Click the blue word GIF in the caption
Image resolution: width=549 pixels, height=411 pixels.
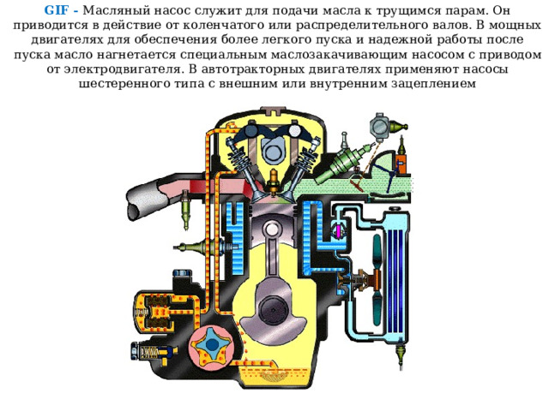coord(56,10)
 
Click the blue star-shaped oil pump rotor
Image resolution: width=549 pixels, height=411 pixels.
coord(212,346)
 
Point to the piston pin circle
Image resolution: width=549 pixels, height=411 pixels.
coord(271,230)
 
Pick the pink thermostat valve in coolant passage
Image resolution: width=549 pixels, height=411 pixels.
coord(339,230)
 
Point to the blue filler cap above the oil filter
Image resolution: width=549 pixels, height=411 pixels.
coord(183,272)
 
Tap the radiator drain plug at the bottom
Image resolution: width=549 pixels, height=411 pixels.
coord(401,356)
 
